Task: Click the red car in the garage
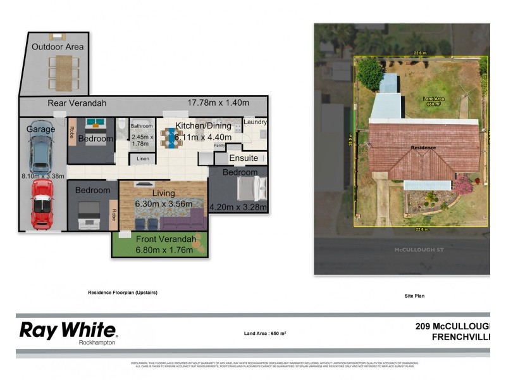(42, 204)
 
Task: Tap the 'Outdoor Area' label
(58, 47)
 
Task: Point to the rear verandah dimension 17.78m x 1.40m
(218, 103)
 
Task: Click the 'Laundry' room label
(255, 122)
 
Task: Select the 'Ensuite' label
(244, 158)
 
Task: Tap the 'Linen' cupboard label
(143, 158)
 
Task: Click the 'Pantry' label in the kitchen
(219, 146)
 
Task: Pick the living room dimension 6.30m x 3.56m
(163, 204)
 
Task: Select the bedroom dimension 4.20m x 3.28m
(238, 206)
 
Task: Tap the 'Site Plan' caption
(414, 296)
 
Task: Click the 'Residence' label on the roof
(423, 148)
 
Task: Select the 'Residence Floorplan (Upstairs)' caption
(122, 293)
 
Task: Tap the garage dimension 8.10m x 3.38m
(42, 177)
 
